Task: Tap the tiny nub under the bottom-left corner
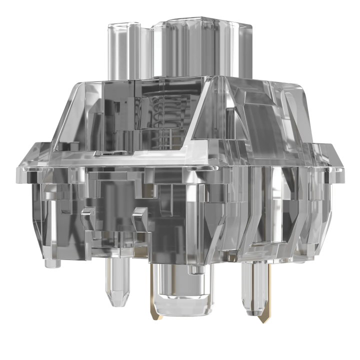click(51, 262)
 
